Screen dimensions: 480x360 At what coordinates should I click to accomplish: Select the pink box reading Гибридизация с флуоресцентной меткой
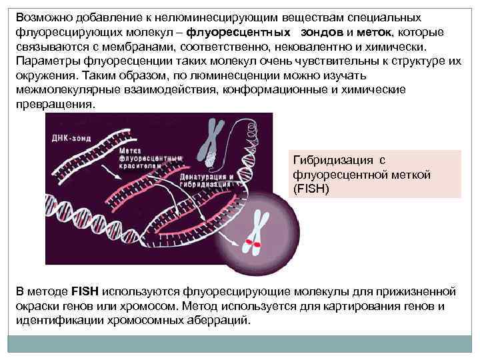point(374,174)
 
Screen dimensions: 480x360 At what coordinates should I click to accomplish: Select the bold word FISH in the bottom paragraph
point(85,291)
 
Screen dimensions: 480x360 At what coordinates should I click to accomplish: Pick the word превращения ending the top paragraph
point(55,105)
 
